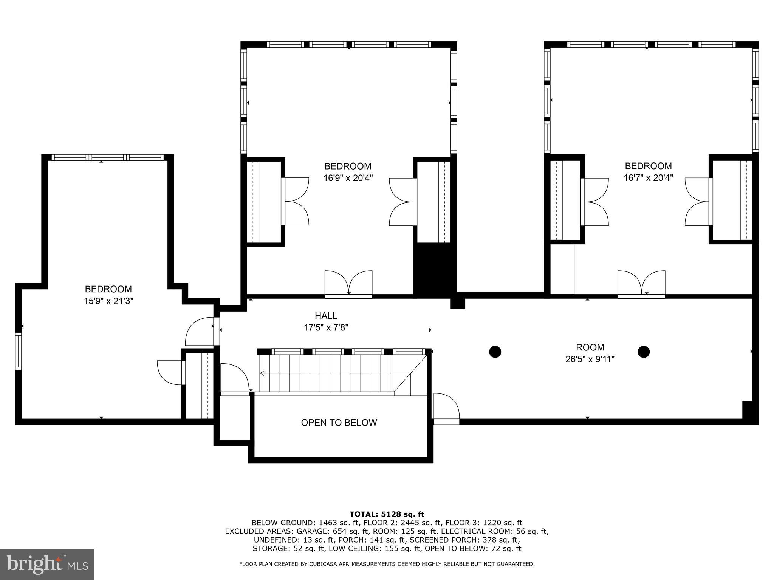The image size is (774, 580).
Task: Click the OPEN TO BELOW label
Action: click(x=339, y=423)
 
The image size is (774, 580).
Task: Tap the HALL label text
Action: click(x=326, y=316)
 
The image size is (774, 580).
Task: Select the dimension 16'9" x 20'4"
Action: click(x=348, y=178)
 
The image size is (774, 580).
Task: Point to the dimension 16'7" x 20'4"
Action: click(x=648, y=178)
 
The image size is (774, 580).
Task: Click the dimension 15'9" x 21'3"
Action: click(x=108, y=301)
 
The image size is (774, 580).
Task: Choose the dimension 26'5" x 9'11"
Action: click(x=590, y=359)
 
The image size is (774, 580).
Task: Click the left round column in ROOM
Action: click(x=495, y=352)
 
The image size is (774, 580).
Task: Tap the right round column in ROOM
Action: click(x=643, y=352)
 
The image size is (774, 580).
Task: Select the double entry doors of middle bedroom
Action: click(x=348, y=284)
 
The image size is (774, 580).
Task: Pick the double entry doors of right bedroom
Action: click(x=641, y=284)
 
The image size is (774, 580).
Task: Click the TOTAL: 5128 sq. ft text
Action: click(x=387, y=514)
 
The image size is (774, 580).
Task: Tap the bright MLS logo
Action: click(x=47, y=564)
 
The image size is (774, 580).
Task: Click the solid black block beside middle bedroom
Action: click(x=434, y=269)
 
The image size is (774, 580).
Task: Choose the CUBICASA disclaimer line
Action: click(x=387, y=564)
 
